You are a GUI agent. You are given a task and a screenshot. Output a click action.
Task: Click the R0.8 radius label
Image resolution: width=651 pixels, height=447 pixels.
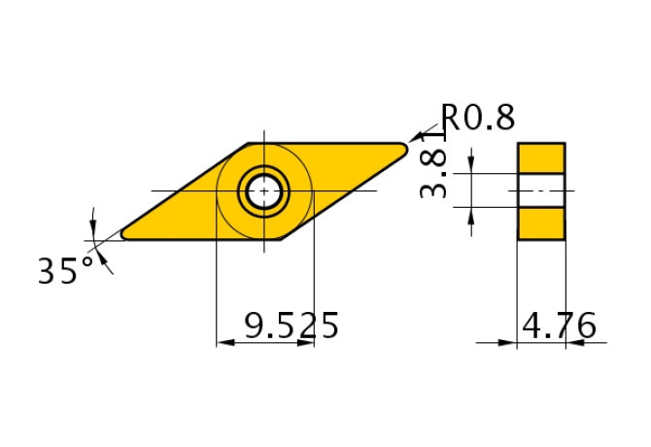click(478, 118)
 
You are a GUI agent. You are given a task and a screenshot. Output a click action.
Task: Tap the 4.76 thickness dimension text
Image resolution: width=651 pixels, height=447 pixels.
click(559, 327)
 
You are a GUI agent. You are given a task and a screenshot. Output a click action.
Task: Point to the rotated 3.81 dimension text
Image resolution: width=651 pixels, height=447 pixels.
click(434, 174)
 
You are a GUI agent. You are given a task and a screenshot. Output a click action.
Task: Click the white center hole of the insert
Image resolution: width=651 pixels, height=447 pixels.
click(262, 191)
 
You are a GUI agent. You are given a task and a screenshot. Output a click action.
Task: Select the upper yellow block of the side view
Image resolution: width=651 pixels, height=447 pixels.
click(541, 157)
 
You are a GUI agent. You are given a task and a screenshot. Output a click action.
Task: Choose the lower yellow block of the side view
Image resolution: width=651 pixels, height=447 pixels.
click(541, 223)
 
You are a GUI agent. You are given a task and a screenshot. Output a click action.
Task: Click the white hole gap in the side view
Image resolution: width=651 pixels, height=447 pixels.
click(541, 190)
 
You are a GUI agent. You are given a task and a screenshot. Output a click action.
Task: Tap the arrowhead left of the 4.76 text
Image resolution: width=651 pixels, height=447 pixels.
click(507, 342)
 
